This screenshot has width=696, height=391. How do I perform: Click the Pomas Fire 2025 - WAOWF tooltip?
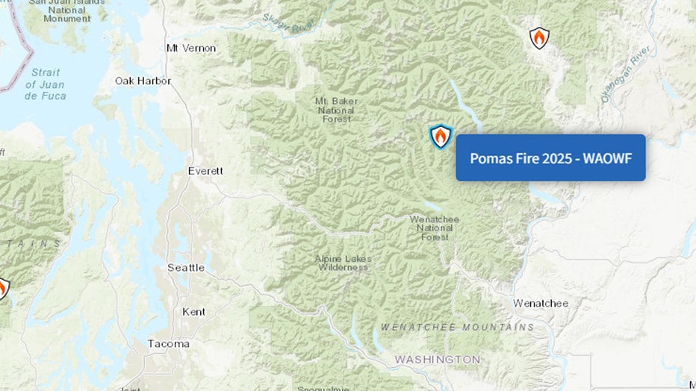[x=550, y=157]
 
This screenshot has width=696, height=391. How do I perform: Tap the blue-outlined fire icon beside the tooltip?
[x=441, y=137]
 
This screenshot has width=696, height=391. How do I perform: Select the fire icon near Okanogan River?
[x=538, y=38]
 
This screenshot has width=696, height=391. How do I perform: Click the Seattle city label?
[x=186, y=267]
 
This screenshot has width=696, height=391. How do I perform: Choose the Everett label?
[x=205, y=171]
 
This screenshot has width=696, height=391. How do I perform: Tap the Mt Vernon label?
[x=190, y=48]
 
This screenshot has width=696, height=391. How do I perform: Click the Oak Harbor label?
[x=143, y=81]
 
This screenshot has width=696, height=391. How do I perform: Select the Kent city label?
[x=195, y=311]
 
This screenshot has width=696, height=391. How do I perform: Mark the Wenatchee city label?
[x=541, y=303]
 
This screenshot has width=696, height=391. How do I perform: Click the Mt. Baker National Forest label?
[x=336, y=110]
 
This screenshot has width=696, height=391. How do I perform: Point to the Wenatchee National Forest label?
[x=434, y=228]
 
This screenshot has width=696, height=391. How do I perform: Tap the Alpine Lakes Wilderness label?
[x=343, y=263]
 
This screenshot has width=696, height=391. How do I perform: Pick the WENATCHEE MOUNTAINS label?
[x=457, y=327]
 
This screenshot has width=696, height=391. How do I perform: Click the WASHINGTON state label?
[x=438, y=360]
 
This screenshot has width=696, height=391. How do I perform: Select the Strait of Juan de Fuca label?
[x=46, y=84]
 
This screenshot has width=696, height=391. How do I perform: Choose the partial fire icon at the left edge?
[x=3, y=289]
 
